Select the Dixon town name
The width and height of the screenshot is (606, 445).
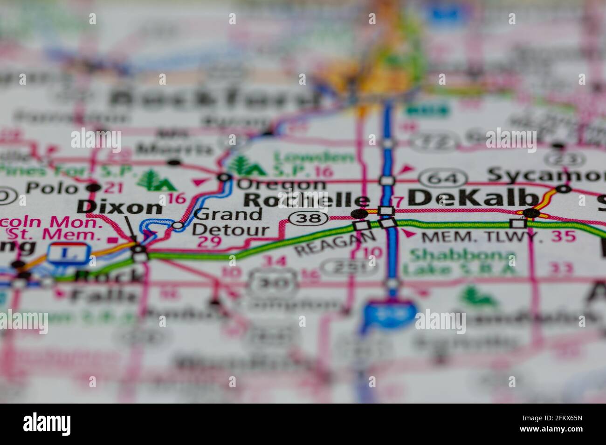coord(120,207)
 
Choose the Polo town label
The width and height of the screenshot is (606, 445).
coord(51,188)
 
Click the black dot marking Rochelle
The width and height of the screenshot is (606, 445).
coord(359,214)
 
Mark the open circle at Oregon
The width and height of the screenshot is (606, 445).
coord(225,177)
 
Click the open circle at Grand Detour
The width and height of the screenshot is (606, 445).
coord(178,226)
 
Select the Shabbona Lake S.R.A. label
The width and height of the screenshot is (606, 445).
coord(459,263)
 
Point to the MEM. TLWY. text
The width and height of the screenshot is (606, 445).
coord(482,237)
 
